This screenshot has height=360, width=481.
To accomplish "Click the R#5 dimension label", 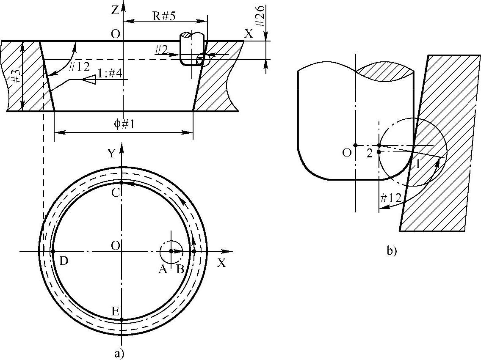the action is pyautogui.click(x=163, y=16).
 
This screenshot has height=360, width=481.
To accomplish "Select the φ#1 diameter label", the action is pyautogui.click(x=123, y=124).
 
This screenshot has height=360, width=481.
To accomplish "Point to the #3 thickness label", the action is pyautogui.click(x=14, y=76).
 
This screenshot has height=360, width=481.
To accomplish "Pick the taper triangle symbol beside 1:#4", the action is pyautogui.click(x=89, y=79).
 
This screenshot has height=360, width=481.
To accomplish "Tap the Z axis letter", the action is pyautogui.click(x=114, y=10).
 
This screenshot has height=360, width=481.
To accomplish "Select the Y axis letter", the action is pyautogui.click(x=112, y=153).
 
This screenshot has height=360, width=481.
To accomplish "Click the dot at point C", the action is pyautogui.click(x=122, y=183).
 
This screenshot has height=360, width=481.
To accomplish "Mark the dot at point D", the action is pyautogui.click(x=53, y=251).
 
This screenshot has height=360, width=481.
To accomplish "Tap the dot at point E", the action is pyautogui.click(x=122, y=320).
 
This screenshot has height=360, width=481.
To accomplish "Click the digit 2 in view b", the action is pyautogui.click(x=370, y=154).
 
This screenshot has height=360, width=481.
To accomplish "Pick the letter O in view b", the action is pyautogui.click(x=347, y=153).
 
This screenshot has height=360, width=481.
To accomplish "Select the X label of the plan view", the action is pyautogui.click(x=221, y=263).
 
